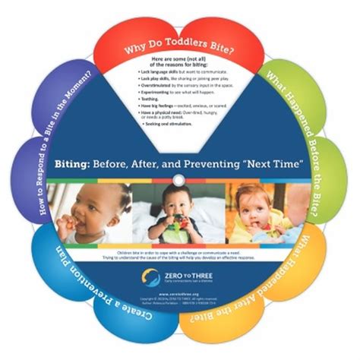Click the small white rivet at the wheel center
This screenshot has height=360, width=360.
click(x=180, y=179)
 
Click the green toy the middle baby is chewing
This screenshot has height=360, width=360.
click(x=180, y=221)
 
